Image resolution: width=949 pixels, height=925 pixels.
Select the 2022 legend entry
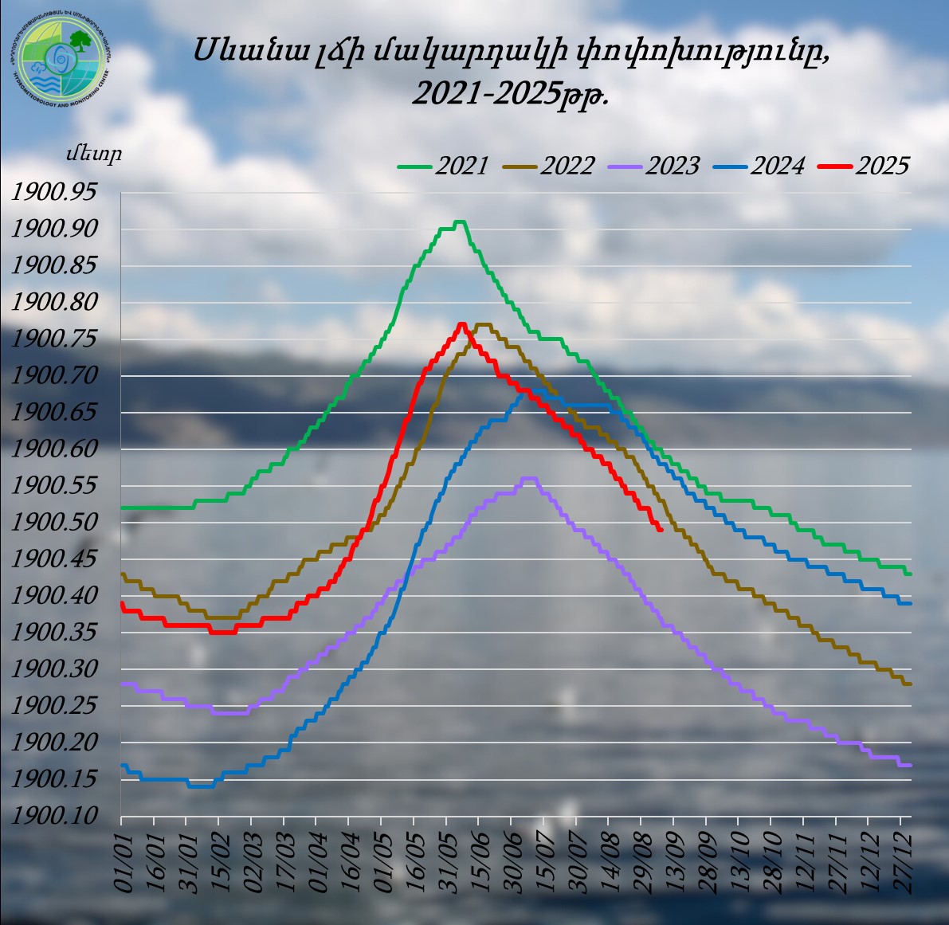click(x=549, y=166)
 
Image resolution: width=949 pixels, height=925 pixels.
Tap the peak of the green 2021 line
click(x=459, y=221)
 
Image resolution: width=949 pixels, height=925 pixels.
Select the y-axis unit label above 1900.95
click(x=94, y=155)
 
